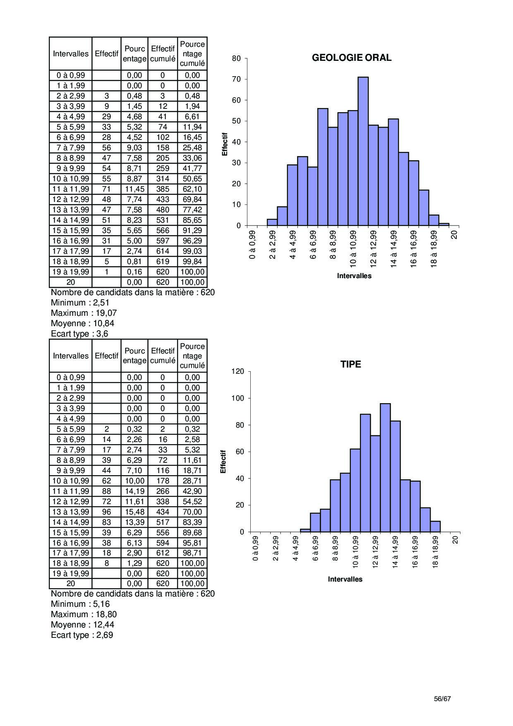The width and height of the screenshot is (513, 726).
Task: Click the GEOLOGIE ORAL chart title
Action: click(x=351, y=58)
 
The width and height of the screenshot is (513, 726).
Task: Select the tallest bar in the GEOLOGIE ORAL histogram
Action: click(x=363, y=151)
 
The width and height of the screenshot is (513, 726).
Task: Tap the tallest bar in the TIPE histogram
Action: click(x=385, y=468)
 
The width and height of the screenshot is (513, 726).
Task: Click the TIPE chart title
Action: click(x=350, y=364)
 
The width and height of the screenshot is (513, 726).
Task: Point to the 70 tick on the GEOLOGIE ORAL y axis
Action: click(x=236, y=79)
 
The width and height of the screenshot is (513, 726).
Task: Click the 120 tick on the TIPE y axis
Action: click(x=237, y=371)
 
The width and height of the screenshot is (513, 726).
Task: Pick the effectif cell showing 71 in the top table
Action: click(x=106, y=189)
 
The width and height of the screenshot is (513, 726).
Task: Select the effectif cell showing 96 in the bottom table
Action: click(x=106, y=512)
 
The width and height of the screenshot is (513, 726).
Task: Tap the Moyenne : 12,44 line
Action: click(x=82, y=625)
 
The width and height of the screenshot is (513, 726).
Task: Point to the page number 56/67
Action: click(x=442, y=699)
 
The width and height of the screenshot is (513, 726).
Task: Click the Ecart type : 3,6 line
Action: click(x=79, y=334)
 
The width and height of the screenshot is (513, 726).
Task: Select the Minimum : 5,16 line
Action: click(x=80, y=604)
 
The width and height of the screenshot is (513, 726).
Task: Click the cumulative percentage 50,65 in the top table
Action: click(x=192, y=179)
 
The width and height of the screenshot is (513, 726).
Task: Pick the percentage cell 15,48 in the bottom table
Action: click(x=134, y=512)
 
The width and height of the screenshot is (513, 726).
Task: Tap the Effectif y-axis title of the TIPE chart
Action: click(x=223, y=462)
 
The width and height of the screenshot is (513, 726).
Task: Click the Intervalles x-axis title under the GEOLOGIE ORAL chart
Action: click(x=354, y=276)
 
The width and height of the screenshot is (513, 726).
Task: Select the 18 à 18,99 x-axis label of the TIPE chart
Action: click(x=435, y=552)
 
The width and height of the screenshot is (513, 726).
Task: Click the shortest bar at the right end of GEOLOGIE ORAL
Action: click(x=444, y=224)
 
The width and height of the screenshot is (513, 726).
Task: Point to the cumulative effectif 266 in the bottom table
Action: click(x=163, y=491)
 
